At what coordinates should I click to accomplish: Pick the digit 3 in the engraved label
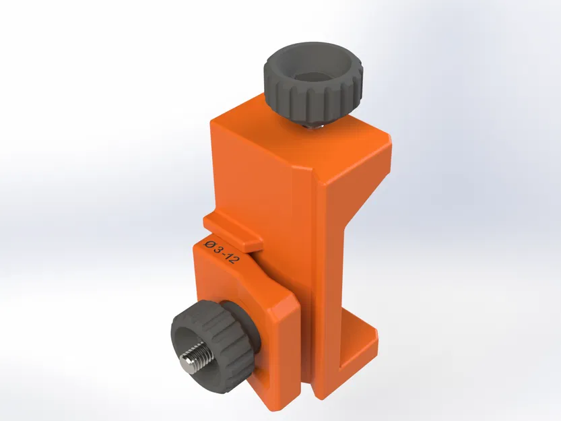(x=218, y=249)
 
